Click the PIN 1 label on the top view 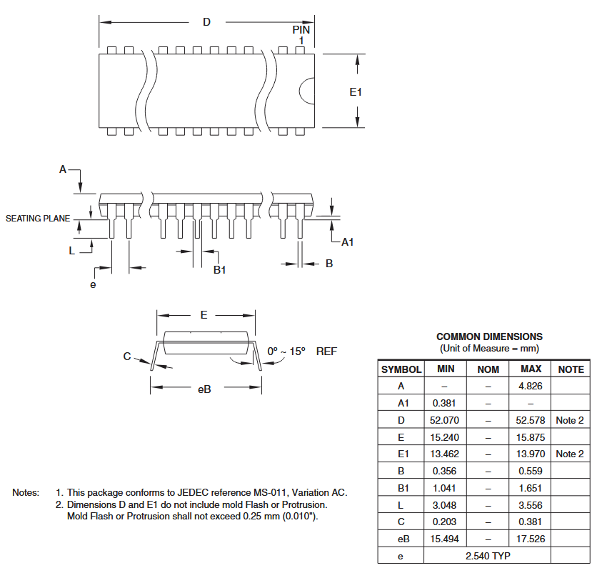pyautogui.click(x=301, y=34)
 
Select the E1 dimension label pyautogui.click(x=356, y=92)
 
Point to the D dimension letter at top pyautogui.click(x=206, y=22)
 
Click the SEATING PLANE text pyautogui.click(x=38, y=219)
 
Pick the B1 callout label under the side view pyautogui.click(x=220, y=270)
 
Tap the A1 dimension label pyautogui.click(x=348, y=242)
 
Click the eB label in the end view pyautogui.click(x=204, y=389)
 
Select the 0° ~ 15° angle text pyautogui.click(x=286, y=352)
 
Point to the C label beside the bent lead pyautogui.click(x=127, y=357)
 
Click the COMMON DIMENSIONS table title pyautogui.click(x=489, y=337)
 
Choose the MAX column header pyautogui.click(x=531, y=369)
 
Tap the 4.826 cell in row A pyautogui.click(x=530, y=386)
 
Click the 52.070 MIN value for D pyautogui.click(x=445, y=420)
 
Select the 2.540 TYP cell pyautogui.click(x=488, y=556)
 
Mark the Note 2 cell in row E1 pyautogui.click(x=570, y=454)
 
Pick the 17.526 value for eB pyautogui.click(x=531, y=539)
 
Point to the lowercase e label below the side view pyautogui.click(x=93, y=284)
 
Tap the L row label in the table pyautogui.click(x=401, y=505)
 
